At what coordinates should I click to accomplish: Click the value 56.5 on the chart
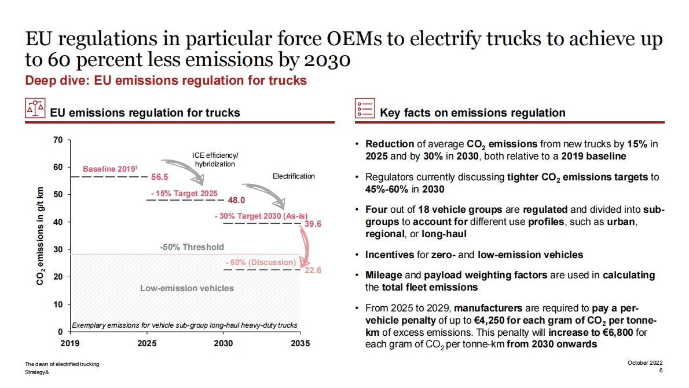pyautogui.click(x=159, y=177)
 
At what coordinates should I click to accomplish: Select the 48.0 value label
pyautogui.click(x=237, y=200)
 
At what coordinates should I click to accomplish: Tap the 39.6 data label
pyautogui.click(x=313, y=224)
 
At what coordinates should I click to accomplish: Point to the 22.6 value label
pyautogui.click(x=313, y=270)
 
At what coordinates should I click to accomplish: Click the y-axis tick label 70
pyautogui.click(x=58, y=140)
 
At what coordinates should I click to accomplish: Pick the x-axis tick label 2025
pyautogui.click(x=146, y=343)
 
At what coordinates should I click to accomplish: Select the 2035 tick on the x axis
pyautogui.click(x=300, y=343)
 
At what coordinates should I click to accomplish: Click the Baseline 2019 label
pyautogui.click(x=110, y=169)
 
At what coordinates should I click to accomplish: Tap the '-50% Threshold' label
pyautogui.click(x=192, y=247)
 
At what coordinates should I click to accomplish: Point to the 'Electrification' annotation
pyautogui.click(x=294, y=176)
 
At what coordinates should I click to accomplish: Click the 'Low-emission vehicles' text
pyautogui.click(x=187, y=288)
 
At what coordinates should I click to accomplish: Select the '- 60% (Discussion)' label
pyautogui.click(x=260, y=262)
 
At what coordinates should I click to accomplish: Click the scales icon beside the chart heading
pyautogui.click(x=35, y=108)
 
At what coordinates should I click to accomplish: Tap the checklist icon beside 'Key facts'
pyautogui.click(x=364, y=108)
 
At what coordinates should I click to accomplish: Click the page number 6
pyautogui.click(x=661, y=371)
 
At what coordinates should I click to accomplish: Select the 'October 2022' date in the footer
pyautogui.click(x=645, y=363)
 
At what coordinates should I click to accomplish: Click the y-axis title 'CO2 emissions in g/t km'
pyautogui.click(x=41, y=237)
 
